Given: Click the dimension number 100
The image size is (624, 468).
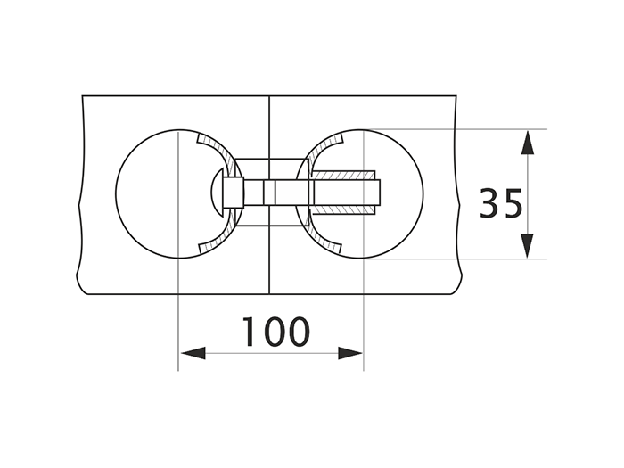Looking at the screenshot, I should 276,332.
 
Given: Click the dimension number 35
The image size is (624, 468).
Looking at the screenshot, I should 501,203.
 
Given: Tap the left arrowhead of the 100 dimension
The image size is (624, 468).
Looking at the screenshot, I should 192,353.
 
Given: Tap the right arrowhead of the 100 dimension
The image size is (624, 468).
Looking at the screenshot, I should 350,353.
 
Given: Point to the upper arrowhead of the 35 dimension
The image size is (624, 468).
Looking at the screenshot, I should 528,143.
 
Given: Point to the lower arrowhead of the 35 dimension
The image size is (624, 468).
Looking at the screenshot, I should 528,245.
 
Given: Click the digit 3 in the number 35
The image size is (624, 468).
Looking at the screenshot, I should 489,203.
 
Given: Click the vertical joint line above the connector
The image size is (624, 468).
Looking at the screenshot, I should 269,125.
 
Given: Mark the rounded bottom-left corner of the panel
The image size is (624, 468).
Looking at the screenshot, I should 81,288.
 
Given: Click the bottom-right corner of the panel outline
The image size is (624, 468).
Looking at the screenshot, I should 457,293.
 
